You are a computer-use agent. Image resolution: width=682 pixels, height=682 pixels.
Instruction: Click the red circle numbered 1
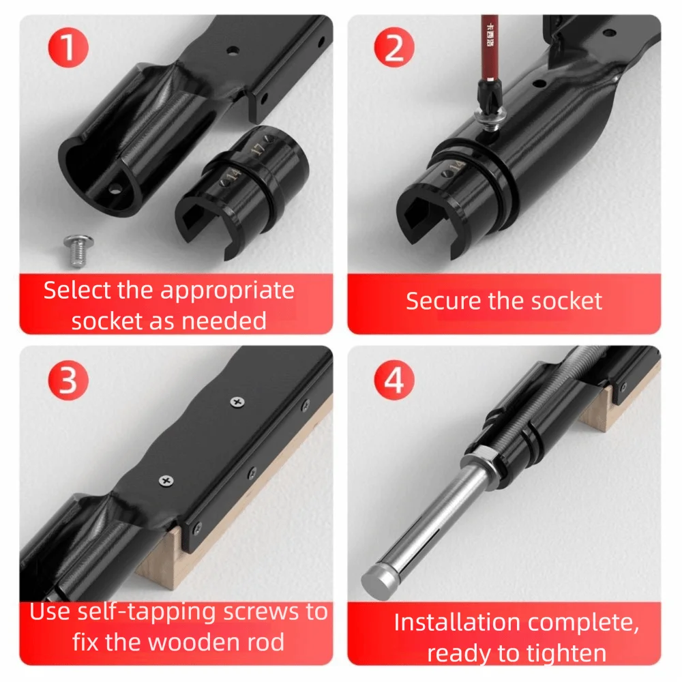(68, 47)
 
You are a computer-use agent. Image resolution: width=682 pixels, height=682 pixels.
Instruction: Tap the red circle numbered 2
(394, 47)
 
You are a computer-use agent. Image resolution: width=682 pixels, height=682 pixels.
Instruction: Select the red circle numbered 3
(68, 380)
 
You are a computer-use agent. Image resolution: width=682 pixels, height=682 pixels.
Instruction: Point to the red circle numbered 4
(394, 380)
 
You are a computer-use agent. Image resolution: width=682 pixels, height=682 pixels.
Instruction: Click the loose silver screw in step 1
(78, 250)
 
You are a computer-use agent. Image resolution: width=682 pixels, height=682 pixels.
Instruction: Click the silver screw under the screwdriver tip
(490, 118)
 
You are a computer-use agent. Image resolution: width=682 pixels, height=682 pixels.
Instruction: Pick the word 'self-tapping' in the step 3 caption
(146, 612)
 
